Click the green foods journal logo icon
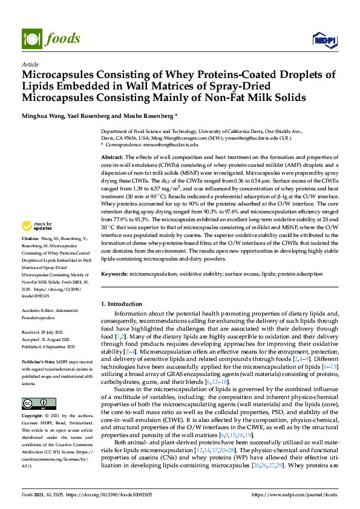point(30,37)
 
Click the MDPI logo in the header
point(323,39)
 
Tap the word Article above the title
point(30,64)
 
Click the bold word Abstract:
point(112,157)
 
